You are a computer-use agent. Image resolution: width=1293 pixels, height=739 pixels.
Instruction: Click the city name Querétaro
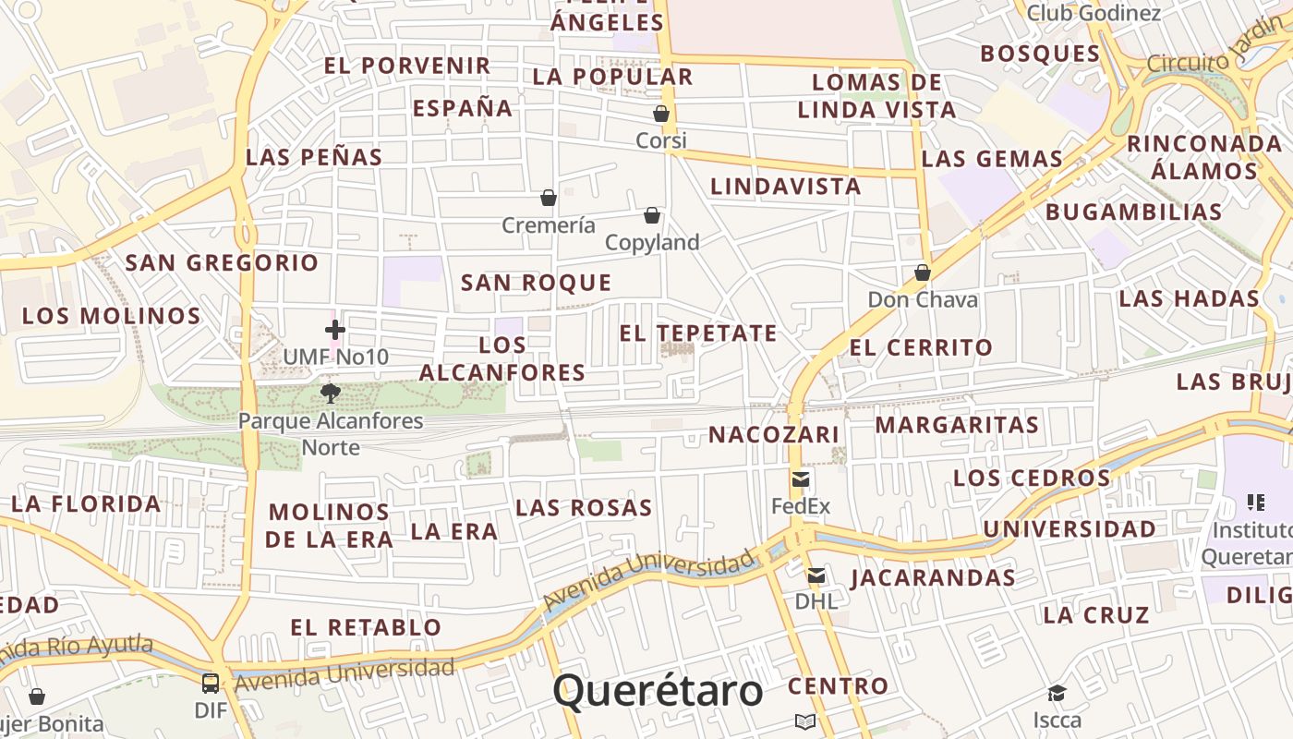tap(658, 691)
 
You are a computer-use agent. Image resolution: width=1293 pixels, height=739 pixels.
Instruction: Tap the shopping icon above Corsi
tap(661, 114)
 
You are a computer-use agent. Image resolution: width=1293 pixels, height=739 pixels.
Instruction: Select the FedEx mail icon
tap(801, 479)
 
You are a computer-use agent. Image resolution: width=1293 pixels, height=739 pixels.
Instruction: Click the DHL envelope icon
tap(816, 575)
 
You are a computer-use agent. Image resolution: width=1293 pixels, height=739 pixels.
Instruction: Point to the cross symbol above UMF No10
tap(335, 329)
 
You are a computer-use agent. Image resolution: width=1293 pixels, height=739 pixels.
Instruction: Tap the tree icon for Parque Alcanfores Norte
tap(331, 394)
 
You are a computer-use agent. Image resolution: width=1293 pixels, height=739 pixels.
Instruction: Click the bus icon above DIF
tap(211, 683)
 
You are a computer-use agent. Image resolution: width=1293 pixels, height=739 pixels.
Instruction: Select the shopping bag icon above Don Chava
tap(922, 273)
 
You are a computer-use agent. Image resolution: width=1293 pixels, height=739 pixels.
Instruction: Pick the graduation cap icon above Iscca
tap(1057, 693)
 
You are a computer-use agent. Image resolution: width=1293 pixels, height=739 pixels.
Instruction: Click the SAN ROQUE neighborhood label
tap(536, 283)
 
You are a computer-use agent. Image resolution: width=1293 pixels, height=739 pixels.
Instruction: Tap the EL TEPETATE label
tap(698, 333)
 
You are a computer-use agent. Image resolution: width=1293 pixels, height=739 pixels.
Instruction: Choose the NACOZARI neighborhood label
tap(761, 434)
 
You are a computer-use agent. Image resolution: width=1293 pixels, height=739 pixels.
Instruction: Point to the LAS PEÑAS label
tap(314, 157)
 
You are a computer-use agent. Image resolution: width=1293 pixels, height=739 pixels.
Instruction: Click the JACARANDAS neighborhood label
tap(933, 578)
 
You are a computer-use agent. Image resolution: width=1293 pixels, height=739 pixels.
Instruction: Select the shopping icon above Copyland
tap(652, 215)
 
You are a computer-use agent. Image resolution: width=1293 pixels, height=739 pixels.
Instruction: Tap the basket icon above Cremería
tap(549, 198)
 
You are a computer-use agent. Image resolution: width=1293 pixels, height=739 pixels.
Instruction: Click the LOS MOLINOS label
tap(112, 316)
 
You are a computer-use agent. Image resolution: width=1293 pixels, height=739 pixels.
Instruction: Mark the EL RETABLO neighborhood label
tap(366, 627)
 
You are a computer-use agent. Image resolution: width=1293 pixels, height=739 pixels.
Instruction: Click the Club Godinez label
tap(1094, 13)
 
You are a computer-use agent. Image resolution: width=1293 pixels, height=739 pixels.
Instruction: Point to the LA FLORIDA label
tap(86, 504)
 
